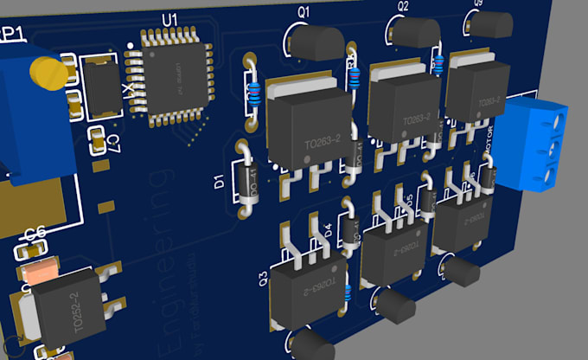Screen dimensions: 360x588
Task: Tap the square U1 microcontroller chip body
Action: point(177,79)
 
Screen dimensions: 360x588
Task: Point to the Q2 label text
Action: point(403,7)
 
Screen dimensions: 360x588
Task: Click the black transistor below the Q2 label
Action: point(416,31)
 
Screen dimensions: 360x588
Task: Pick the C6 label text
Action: point(35,234)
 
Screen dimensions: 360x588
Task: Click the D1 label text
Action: point(220,182)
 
